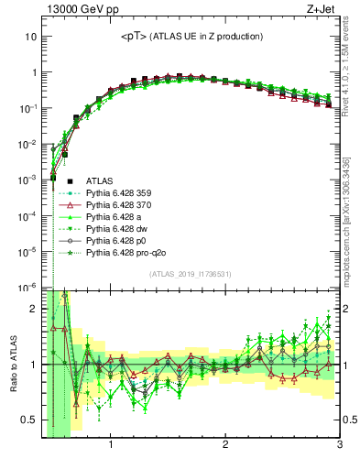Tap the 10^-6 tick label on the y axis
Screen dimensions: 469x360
click(x=27, y=287)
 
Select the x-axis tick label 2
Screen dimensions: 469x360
click(x=225, y=446)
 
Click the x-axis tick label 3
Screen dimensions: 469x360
click(x=339, y=446)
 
